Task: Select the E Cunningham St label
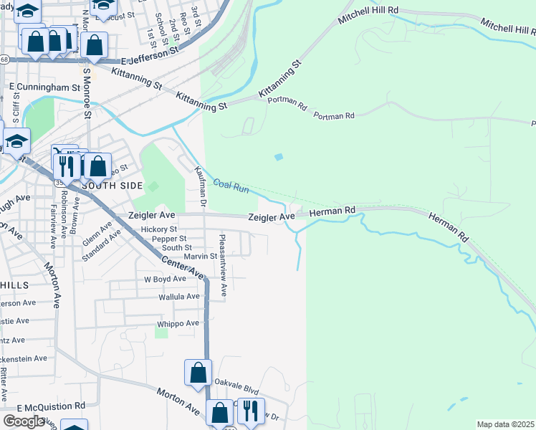pos(44,87)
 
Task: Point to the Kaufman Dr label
pos(201,186)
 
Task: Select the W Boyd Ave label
pos(166,279)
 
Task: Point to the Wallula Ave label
pos(179,296)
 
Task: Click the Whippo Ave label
pos(178,323)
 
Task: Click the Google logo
pos(24,421)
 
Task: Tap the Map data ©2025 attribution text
pos(506,424)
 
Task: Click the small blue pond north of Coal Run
pos(278,157)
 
